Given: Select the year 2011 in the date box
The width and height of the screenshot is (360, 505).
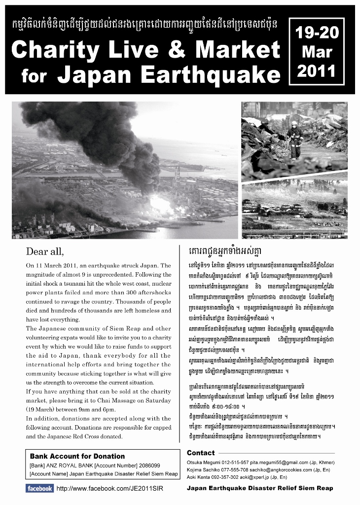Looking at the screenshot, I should tap(316, 71).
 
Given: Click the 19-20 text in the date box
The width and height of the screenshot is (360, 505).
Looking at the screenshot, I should tap(316, 33).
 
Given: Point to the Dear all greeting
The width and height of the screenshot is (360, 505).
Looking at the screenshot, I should tap(45, 252).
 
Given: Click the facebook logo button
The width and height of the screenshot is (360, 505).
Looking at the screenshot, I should tap(39, 488).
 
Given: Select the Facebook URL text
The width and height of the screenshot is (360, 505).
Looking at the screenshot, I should tap(109, 489).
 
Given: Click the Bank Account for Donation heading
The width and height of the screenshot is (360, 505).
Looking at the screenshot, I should tap(77, 456).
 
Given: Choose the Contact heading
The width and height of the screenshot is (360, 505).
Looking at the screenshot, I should tap(201, 453).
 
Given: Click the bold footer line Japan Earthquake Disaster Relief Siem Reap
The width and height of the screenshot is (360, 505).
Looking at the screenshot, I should tap(260, 488).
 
